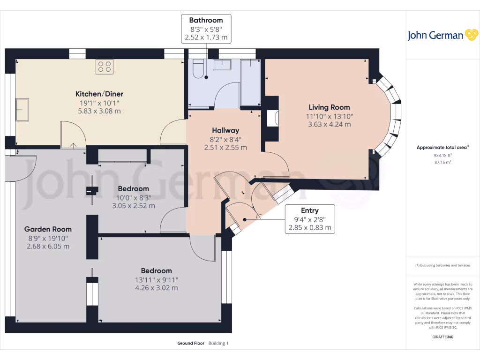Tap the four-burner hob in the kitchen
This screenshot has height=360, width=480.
click(105, 67)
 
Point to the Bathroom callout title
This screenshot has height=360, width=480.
click(206, 20)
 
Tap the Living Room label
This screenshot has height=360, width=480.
click(329, 107)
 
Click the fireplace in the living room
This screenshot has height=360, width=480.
click(272, 118)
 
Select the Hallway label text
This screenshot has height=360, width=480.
click(225, 130)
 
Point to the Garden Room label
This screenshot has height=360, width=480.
click(48, 229)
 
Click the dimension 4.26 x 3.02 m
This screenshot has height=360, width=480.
click(156, 288)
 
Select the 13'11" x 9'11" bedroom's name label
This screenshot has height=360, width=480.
click(156, 270)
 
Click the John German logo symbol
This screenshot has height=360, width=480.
click(471, 35)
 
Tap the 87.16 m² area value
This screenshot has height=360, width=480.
click(442, 162)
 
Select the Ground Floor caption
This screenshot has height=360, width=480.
click(191, 343)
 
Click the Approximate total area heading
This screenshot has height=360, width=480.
click(442, 147)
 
